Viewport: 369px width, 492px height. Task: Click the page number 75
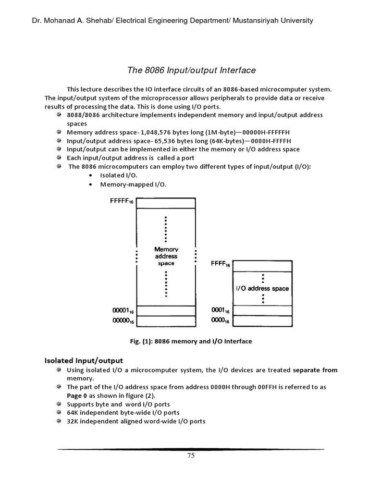point(191,456)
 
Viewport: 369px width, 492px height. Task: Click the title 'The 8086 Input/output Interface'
point(191,71)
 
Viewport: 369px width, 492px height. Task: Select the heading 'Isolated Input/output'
point(84,360)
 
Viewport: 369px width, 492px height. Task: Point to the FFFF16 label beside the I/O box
point(221,264)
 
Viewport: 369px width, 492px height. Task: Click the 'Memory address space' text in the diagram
point(166,256)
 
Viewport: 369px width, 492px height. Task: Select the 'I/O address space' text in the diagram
point(262,288)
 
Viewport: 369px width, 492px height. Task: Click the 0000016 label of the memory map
point(123,321)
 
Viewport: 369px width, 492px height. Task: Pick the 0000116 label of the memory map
point(123,311)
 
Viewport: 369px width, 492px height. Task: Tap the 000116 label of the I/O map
point(221,310)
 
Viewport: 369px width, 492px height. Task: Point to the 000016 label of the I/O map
point(221,320)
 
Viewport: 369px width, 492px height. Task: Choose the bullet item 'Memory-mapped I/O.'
point(133,184)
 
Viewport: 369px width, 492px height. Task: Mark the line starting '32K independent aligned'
point(136,421)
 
